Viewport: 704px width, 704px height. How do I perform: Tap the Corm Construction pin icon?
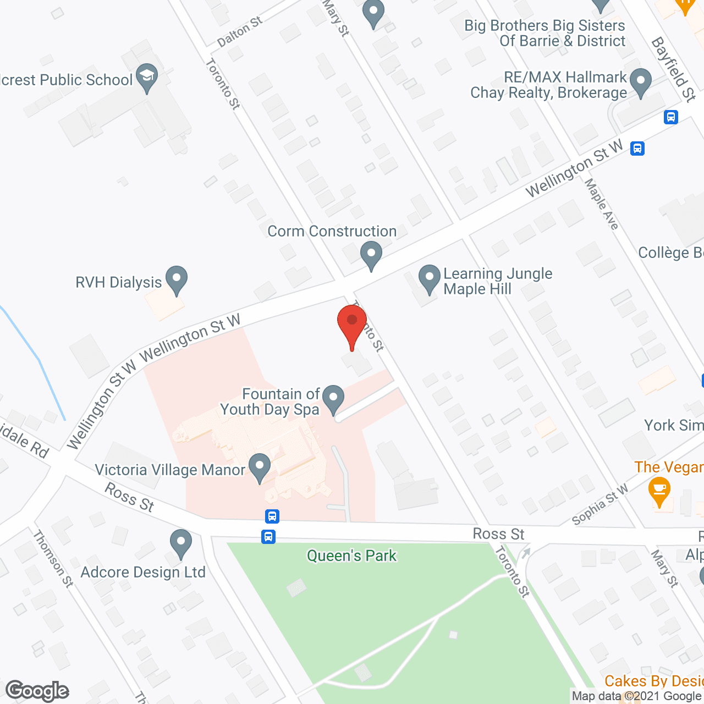point(371,255)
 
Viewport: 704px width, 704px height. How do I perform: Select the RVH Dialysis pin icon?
point(176,279)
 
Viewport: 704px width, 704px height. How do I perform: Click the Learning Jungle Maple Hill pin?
point(430,279)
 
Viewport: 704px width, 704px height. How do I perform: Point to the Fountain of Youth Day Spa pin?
point(333,399)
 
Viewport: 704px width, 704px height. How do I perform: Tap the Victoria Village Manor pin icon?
point(260,468)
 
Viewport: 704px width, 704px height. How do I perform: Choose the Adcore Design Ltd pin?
point(180,543)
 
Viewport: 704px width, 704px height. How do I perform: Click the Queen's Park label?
point(351,555)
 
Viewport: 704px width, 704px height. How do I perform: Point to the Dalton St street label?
point(240,32)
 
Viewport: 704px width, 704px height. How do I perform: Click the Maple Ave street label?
point(602,204)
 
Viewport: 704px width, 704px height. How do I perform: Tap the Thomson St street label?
point(53,558)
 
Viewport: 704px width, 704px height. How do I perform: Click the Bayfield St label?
point(674,69)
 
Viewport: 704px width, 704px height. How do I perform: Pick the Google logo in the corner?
point(37,691)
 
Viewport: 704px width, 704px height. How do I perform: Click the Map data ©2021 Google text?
point(637,696)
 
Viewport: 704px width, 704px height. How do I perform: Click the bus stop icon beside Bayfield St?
point(670,117)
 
